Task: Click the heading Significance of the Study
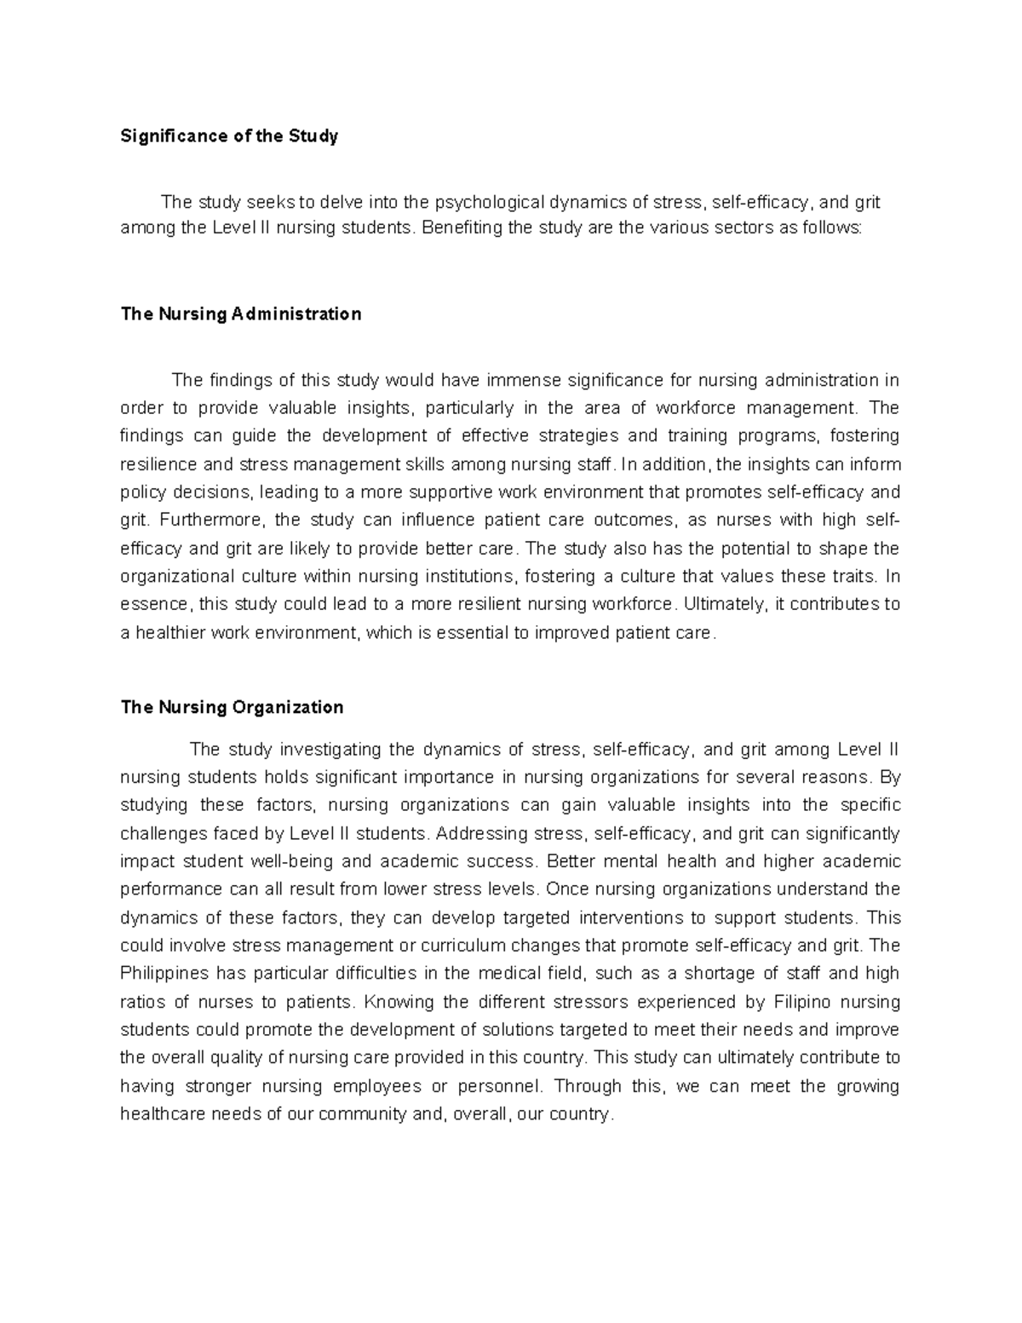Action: [x=229, y=136]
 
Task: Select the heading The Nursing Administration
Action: [x=241, y=314]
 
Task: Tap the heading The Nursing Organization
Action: [x=232, y=707]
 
